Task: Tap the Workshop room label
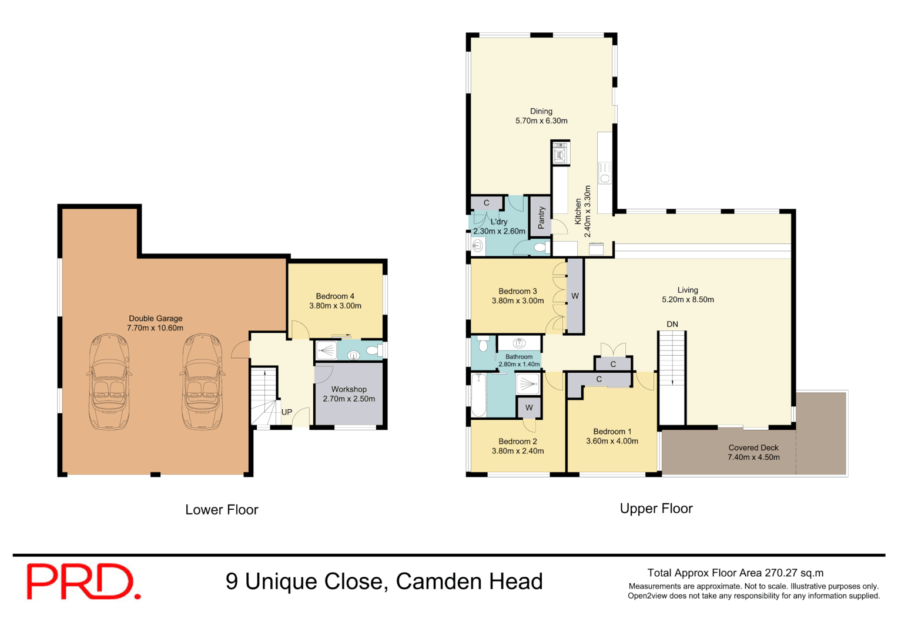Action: pyautogui.click(x=349, y=394)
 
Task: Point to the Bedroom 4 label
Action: pyautogui.click(x=335, y=301)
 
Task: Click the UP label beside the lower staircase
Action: pyautogui.click(x=287, y=412)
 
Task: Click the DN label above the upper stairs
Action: pyautogui.click(x=672, y=324)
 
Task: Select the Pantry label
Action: pyautogui.click(x=541, y=218)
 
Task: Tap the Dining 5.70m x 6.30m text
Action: pyautogui.click(x=541, y=116)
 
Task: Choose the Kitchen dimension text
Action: pyautogui.click(x=587, y=212)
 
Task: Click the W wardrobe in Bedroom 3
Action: pyautogui.click(x=575, y=296)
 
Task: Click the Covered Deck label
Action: pyautogui.click(x=753, y=452)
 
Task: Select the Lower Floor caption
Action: pyautogui.click(x=222, y=510)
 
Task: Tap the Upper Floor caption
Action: pyautogui.click(x=656, y=509)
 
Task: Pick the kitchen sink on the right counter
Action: pyautogui.click(x=605, y=173)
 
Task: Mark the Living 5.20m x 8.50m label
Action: pyautogui.click(x=688, y=295)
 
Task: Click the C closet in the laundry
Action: pyautogui.click(x=486, y=203)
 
